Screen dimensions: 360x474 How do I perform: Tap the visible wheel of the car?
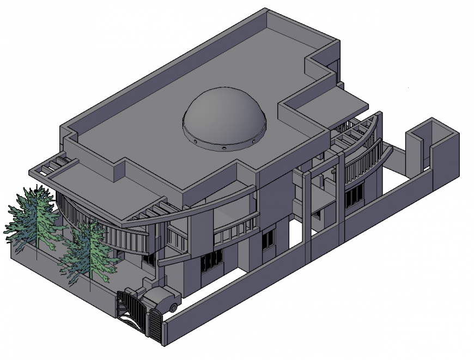pyautogui.click(x=174, y=308)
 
